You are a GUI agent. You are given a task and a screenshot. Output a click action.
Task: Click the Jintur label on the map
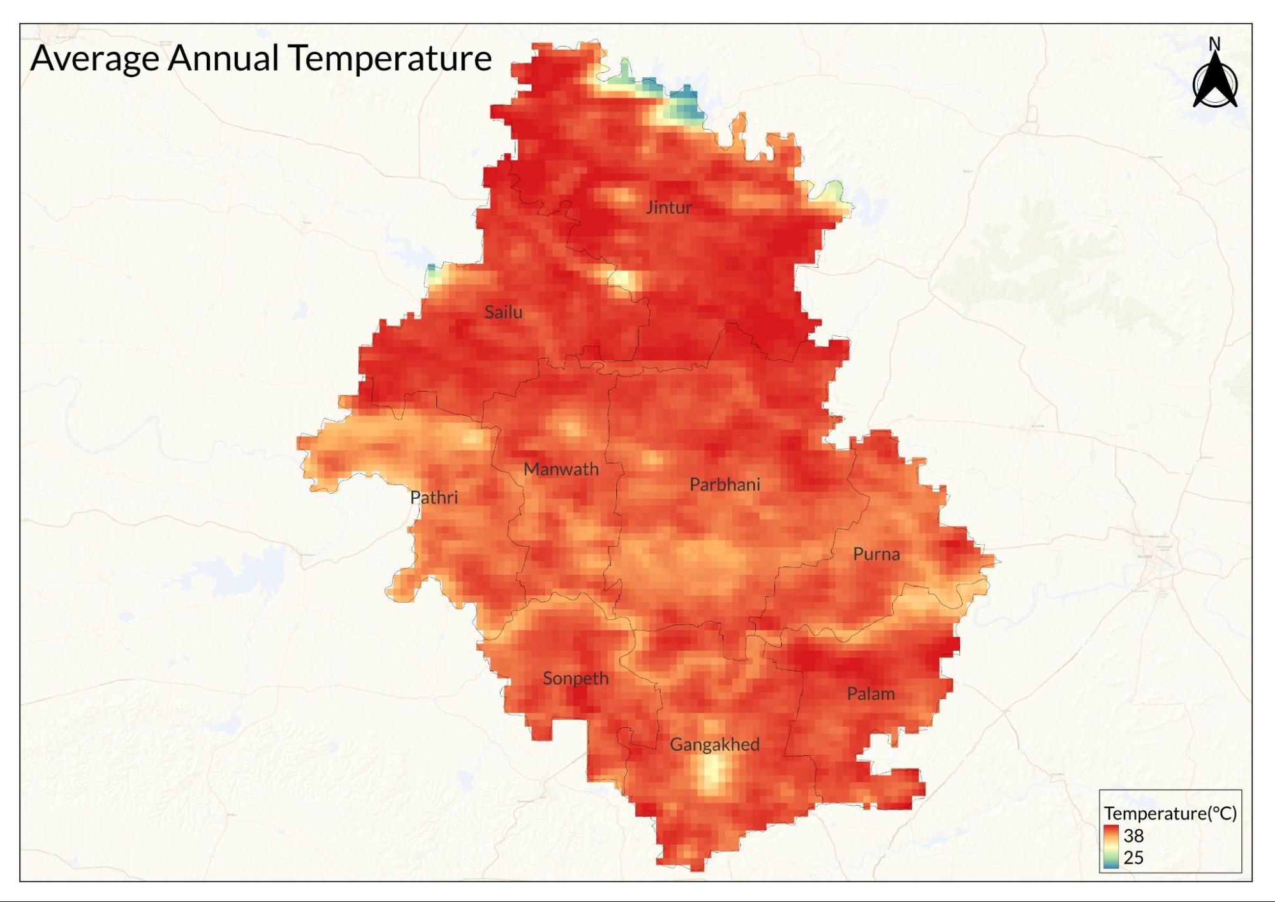click(668, 207)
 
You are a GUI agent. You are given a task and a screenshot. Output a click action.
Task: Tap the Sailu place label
click(503, 312)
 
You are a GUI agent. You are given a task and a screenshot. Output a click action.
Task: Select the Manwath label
click(561, 469)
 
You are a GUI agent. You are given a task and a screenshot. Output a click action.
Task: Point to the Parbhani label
click(725, 485)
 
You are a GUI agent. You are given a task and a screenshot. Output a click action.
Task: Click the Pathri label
click(434, 498)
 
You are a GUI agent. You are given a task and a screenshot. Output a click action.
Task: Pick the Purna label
click(876, 554)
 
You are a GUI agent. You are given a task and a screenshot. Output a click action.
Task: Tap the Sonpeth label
click(575, 679)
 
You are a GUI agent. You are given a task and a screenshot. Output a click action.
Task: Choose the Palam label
click(871, 694)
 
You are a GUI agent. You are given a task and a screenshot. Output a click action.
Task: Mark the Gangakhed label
click(714, 744)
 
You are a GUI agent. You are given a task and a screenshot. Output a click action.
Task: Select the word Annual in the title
click(223, 57)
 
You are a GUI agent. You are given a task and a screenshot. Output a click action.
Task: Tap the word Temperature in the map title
click(390, 59)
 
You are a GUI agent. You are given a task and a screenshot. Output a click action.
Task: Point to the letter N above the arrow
click(1214, 44)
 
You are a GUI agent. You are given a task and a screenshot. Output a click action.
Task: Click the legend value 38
click(1133, 836)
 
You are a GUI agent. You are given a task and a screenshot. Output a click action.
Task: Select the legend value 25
click(1133, 857)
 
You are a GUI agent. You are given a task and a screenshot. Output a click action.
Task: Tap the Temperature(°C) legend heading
click(1170, 813)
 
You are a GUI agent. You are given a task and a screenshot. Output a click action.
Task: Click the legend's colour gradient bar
click(1110, 847)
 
